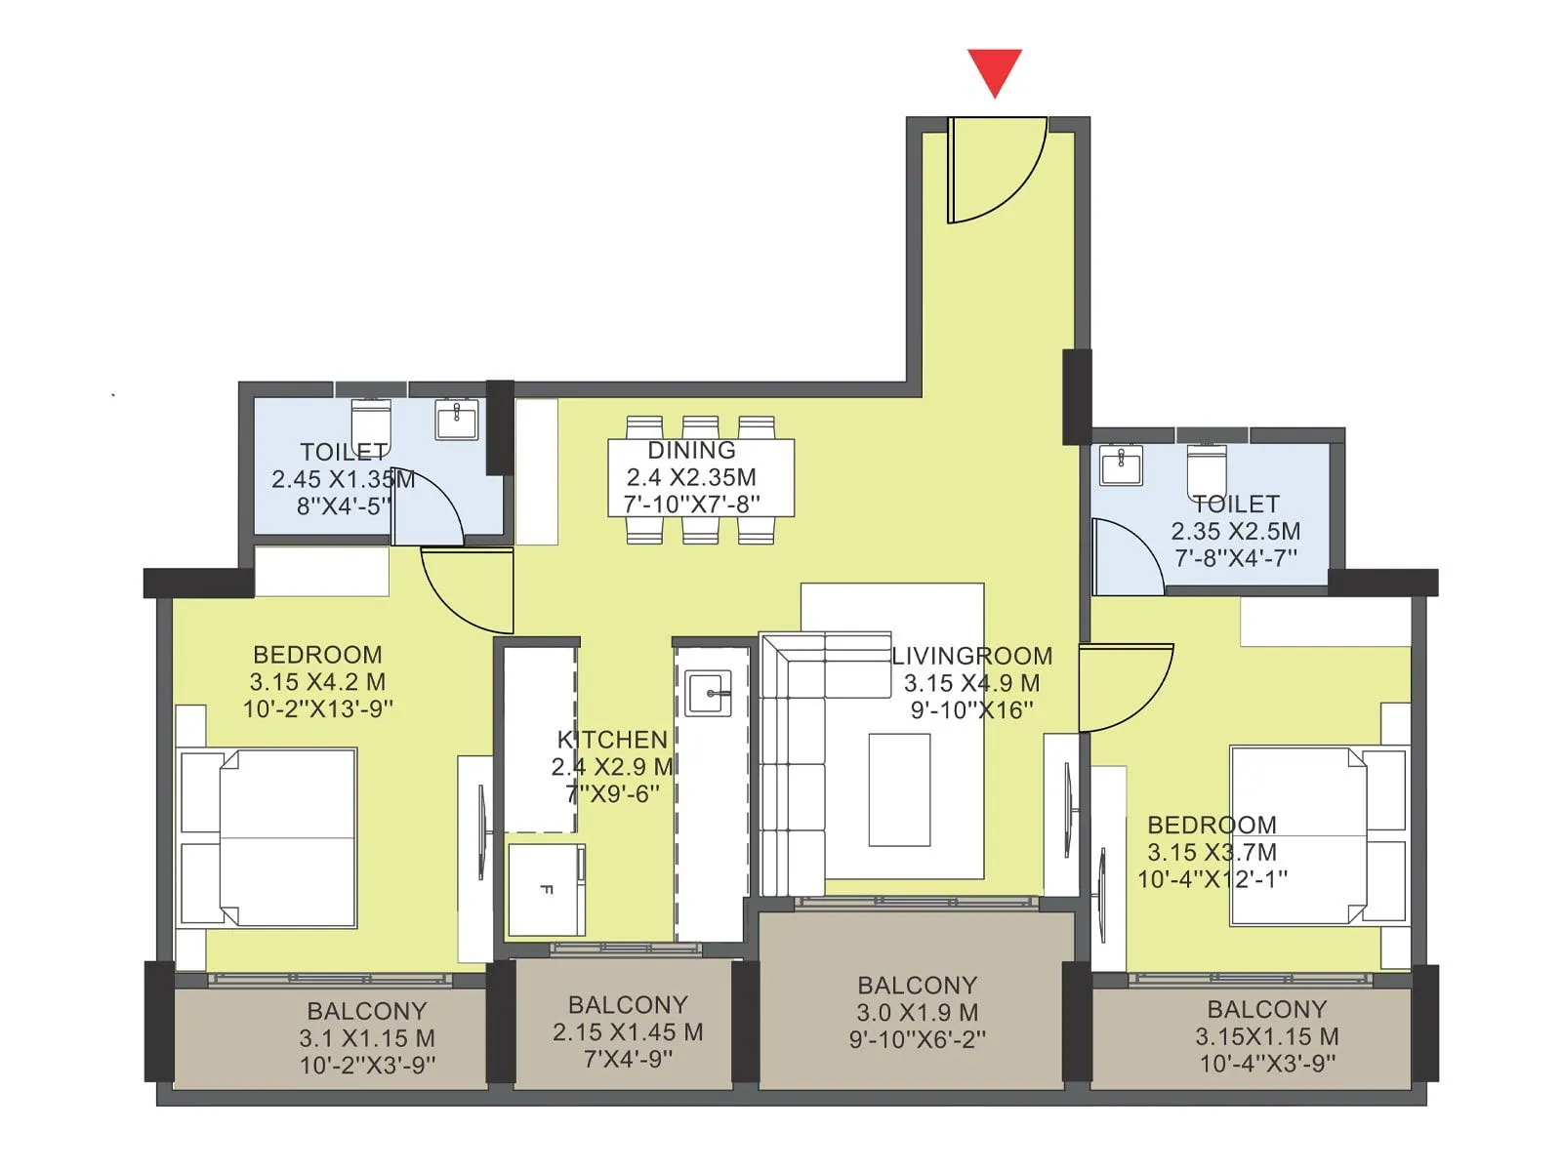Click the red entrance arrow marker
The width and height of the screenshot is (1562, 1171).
995,71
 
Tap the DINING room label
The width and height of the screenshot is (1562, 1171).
691,450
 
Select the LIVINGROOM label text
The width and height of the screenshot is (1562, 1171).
971,656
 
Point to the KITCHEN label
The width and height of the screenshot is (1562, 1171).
612,740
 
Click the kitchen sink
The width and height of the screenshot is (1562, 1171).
708,693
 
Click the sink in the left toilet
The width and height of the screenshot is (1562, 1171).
457,420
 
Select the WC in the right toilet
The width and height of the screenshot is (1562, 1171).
1207,470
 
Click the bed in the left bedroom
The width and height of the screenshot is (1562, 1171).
268,837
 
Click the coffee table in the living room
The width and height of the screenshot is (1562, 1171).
899,789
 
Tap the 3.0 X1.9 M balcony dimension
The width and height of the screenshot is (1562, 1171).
917,1013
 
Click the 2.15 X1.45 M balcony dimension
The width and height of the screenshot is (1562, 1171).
628,1031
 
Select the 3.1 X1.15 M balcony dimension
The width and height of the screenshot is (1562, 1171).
367,1038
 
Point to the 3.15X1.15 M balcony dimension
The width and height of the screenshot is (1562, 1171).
1266,1036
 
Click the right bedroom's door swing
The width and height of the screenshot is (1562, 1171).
1123,683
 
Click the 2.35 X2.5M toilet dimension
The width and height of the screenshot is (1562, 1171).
1235,532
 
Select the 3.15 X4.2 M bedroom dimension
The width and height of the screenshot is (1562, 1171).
317,682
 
